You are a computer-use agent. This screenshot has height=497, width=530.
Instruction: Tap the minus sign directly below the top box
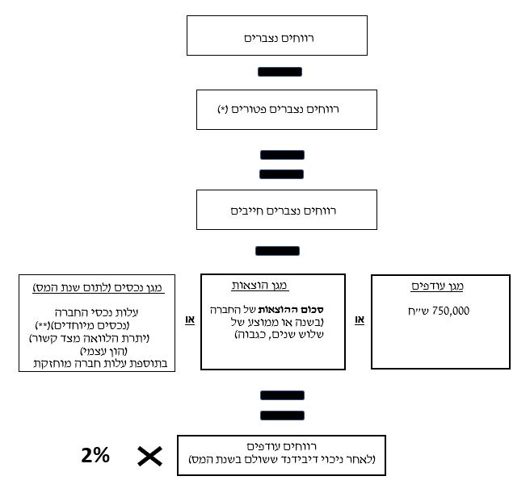point(280,72)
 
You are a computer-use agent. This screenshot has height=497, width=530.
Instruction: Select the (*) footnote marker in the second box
point(223,110)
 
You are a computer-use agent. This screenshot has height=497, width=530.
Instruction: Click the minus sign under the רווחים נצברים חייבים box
point(277,251)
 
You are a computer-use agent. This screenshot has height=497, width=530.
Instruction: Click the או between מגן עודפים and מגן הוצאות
point(359,320)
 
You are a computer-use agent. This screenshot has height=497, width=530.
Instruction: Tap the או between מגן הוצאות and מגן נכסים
point(191,320)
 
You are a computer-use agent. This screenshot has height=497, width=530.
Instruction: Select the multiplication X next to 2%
point(149,457)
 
